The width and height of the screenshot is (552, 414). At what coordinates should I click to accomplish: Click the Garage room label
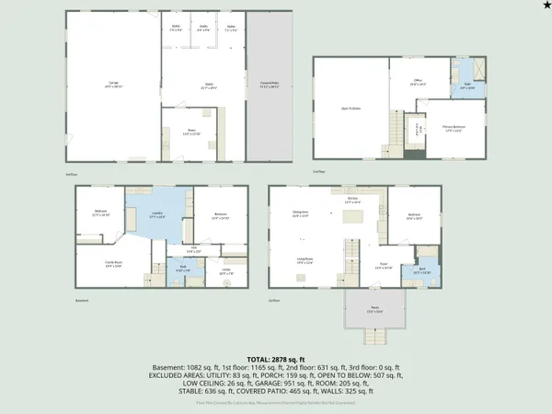114,86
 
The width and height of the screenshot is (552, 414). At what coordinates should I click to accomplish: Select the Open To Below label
351,109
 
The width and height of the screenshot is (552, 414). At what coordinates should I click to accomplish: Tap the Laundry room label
157,217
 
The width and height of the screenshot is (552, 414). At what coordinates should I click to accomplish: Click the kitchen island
352,217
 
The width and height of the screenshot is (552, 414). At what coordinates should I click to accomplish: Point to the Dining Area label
300,213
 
